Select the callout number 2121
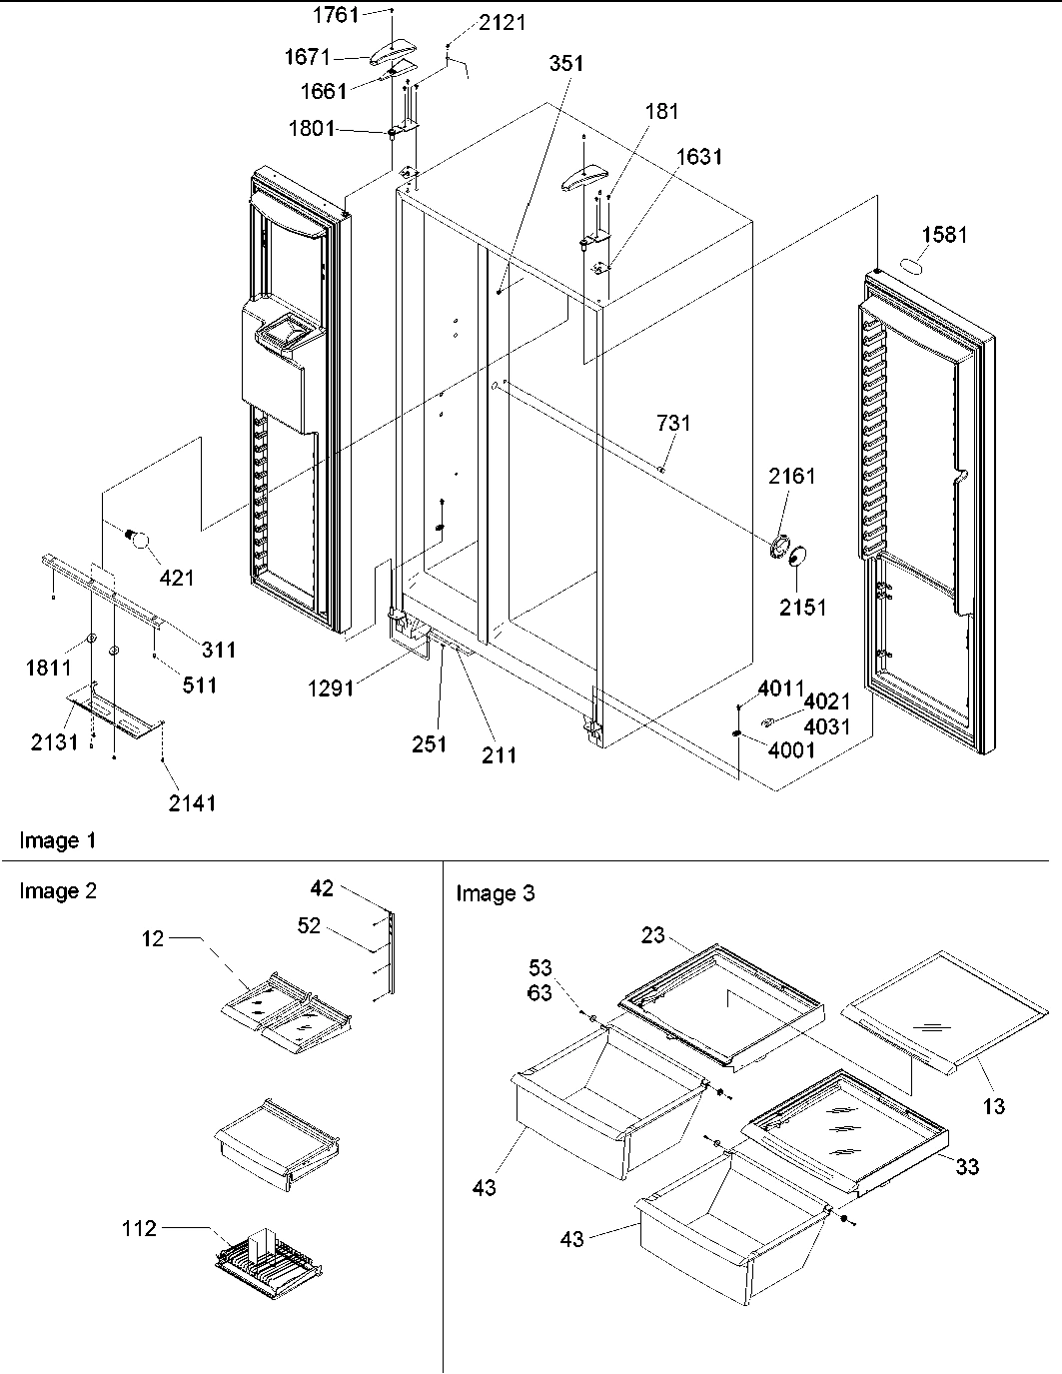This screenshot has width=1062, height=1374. [x=501, y=22]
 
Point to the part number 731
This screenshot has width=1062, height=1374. [x=673, y=423]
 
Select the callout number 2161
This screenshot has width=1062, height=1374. [x=791, y=476]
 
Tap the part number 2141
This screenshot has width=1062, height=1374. [x=191, y=801]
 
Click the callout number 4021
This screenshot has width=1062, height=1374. [x=827, y=702]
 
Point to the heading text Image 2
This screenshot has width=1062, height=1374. [x=58, y=891]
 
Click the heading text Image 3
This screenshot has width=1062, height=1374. [x=495, y=893]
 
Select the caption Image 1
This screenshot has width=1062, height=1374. [x=58, y=840]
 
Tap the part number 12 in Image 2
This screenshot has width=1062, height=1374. [x=153, y=938]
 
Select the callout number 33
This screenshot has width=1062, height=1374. [x=966, y=1166]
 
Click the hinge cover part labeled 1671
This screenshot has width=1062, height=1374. [x=399, y=53]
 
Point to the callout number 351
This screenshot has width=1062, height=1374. [x=566, y=63]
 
